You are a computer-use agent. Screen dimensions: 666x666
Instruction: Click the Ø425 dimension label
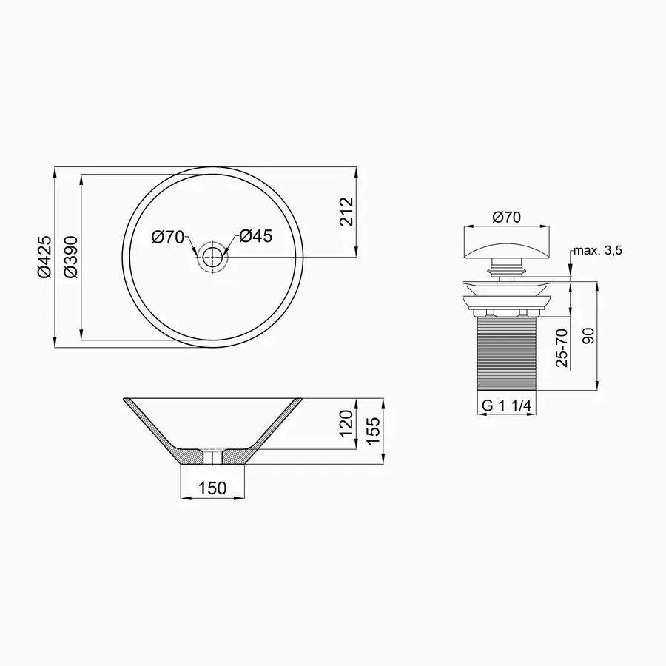point(44,257)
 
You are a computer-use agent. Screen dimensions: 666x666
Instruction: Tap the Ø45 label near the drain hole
point(256,237)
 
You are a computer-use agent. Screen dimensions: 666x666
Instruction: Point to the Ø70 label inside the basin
point(167,237)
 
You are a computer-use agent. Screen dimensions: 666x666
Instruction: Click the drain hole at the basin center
point(213,258)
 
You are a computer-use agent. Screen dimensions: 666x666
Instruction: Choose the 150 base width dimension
point(213,488)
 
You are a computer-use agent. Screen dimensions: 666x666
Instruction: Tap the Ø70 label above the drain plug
point(507,217)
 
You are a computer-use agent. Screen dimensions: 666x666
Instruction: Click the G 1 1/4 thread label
point(507,406)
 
